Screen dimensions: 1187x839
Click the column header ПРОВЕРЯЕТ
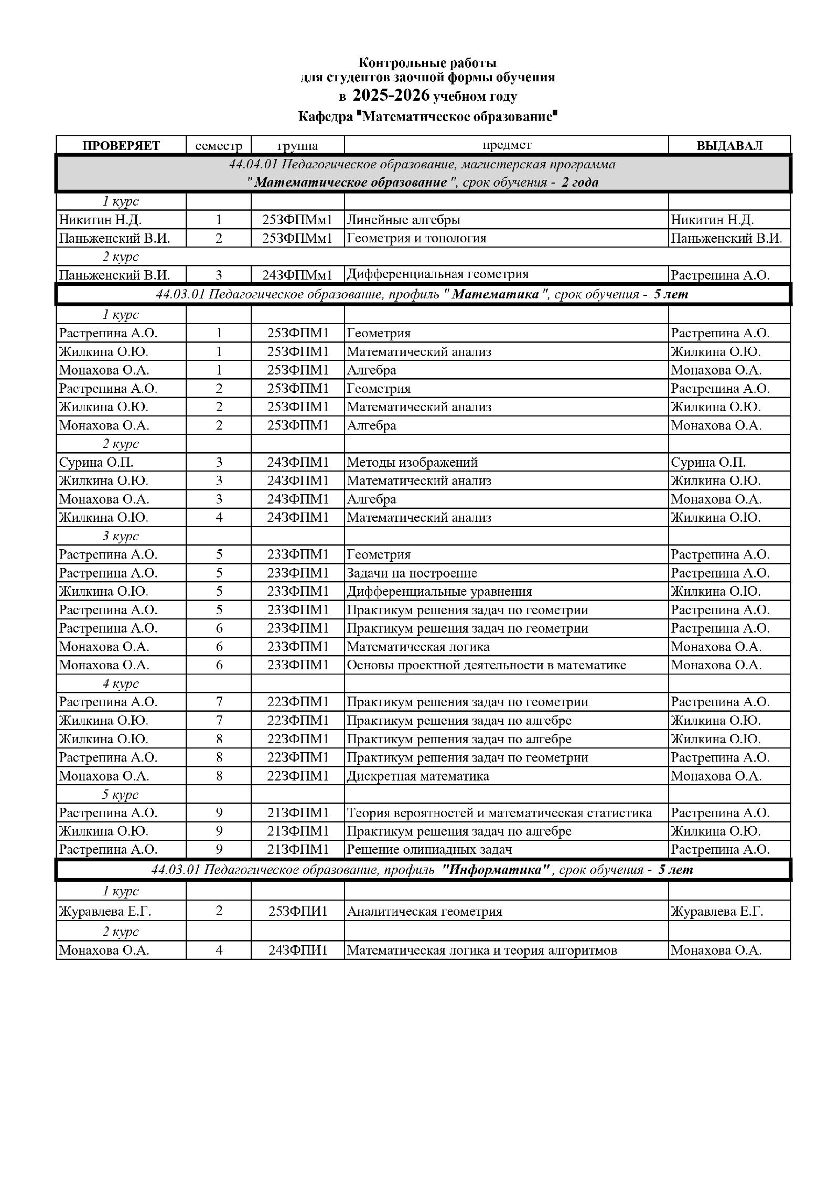(x=121, y=145)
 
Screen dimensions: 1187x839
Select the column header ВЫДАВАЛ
(x=729, y=145)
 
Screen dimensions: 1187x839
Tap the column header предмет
(x=506, y=145)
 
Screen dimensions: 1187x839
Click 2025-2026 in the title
(x=391, y=95)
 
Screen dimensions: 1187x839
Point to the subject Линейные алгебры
(x=403, y=220)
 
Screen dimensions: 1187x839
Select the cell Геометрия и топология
(x=416, y=238)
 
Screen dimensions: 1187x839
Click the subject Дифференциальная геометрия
(x=437, y=274)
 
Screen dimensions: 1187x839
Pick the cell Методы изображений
(x=412, y=462)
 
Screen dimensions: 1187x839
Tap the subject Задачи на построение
(x=412, y=573)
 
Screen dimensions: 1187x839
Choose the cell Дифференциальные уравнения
(x=439, y=591)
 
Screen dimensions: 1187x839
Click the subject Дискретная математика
(x=418, y=776)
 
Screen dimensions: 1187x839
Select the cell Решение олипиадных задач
(x=429, y=849)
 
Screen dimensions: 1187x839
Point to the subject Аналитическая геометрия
(x=424, y=912)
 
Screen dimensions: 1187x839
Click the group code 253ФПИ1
(x=297, y=912)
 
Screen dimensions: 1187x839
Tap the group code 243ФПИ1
(x=297, y=950)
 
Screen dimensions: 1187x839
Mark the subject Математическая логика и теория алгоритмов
(x=481, y=950)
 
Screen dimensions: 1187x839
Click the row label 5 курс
(x=121, y=794)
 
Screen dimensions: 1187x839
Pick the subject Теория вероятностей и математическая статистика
(x=499, y=812)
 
